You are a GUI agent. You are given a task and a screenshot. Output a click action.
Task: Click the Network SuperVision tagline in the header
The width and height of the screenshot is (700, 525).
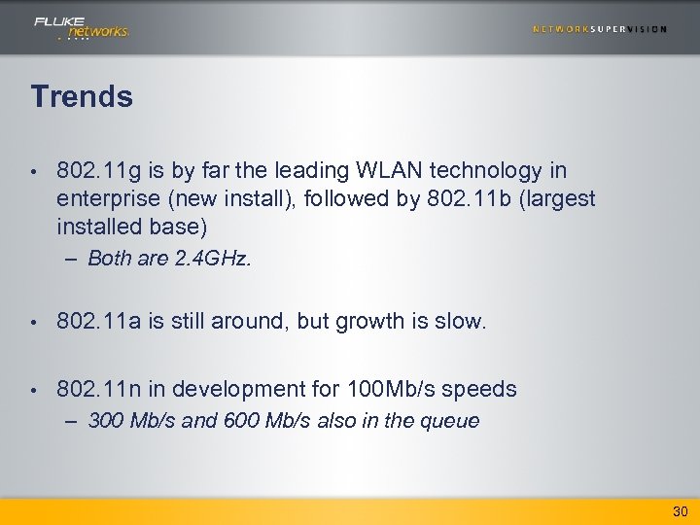pos(600,29)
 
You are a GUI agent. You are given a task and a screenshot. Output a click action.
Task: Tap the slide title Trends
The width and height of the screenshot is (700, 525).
pos(82,96)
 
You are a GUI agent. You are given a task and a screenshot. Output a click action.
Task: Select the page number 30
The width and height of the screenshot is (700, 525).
pos(680,511)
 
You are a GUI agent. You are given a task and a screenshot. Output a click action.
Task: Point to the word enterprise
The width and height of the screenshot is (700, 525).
pos(109,199)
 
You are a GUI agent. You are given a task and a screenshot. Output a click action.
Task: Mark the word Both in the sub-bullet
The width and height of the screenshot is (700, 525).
pos(110,259)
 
